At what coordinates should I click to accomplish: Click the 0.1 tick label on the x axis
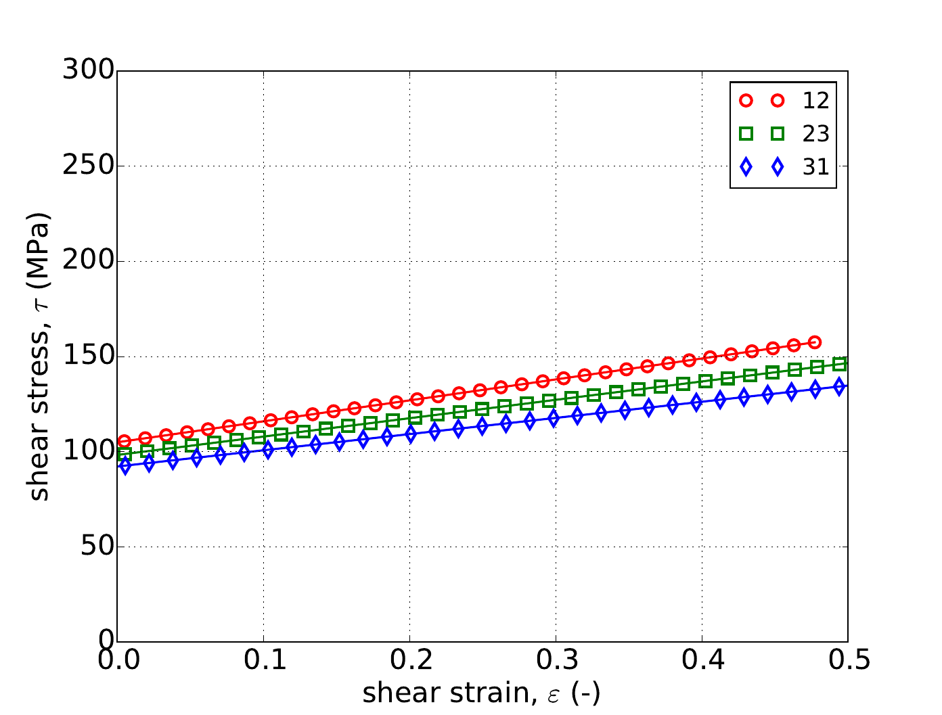[263, 660]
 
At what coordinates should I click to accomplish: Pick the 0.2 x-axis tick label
[409, 660]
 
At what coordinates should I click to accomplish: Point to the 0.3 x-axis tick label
[556, 660]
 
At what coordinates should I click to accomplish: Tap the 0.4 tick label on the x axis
[702, 660]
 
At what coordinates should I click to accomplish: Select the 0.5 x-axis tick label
[847, 660]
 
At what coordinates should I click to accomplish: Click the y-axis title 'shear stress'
[39, 356]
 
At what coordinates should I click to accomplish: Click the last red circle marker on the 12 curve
[815, 342]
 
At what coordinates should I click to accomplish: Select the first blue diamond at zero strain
[125, 466]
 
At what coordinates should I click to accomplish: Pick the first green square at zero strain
[125, 454]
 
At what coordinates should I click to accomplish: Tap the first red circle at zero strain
[124, 442]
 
